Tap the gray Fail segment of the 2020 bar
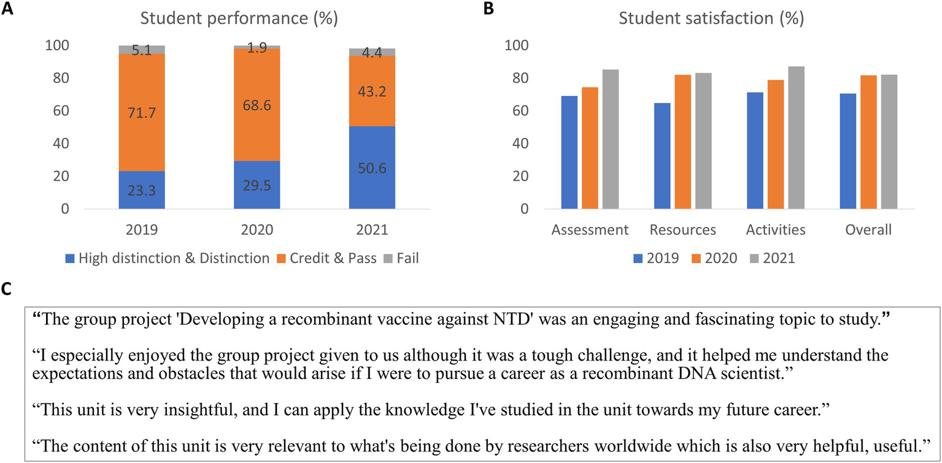(257, 47)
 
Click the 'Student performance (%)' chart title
(239, 19)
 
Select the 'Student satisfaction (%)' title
(712, 19)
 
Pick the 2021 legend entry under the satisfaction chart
(778, 258)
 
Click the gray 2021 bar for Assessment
(610, 139)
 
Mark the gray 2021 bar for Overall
(889, 142)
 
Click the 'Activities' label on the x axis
(775, 231)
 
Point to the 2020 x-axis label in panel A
(257, 231)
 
